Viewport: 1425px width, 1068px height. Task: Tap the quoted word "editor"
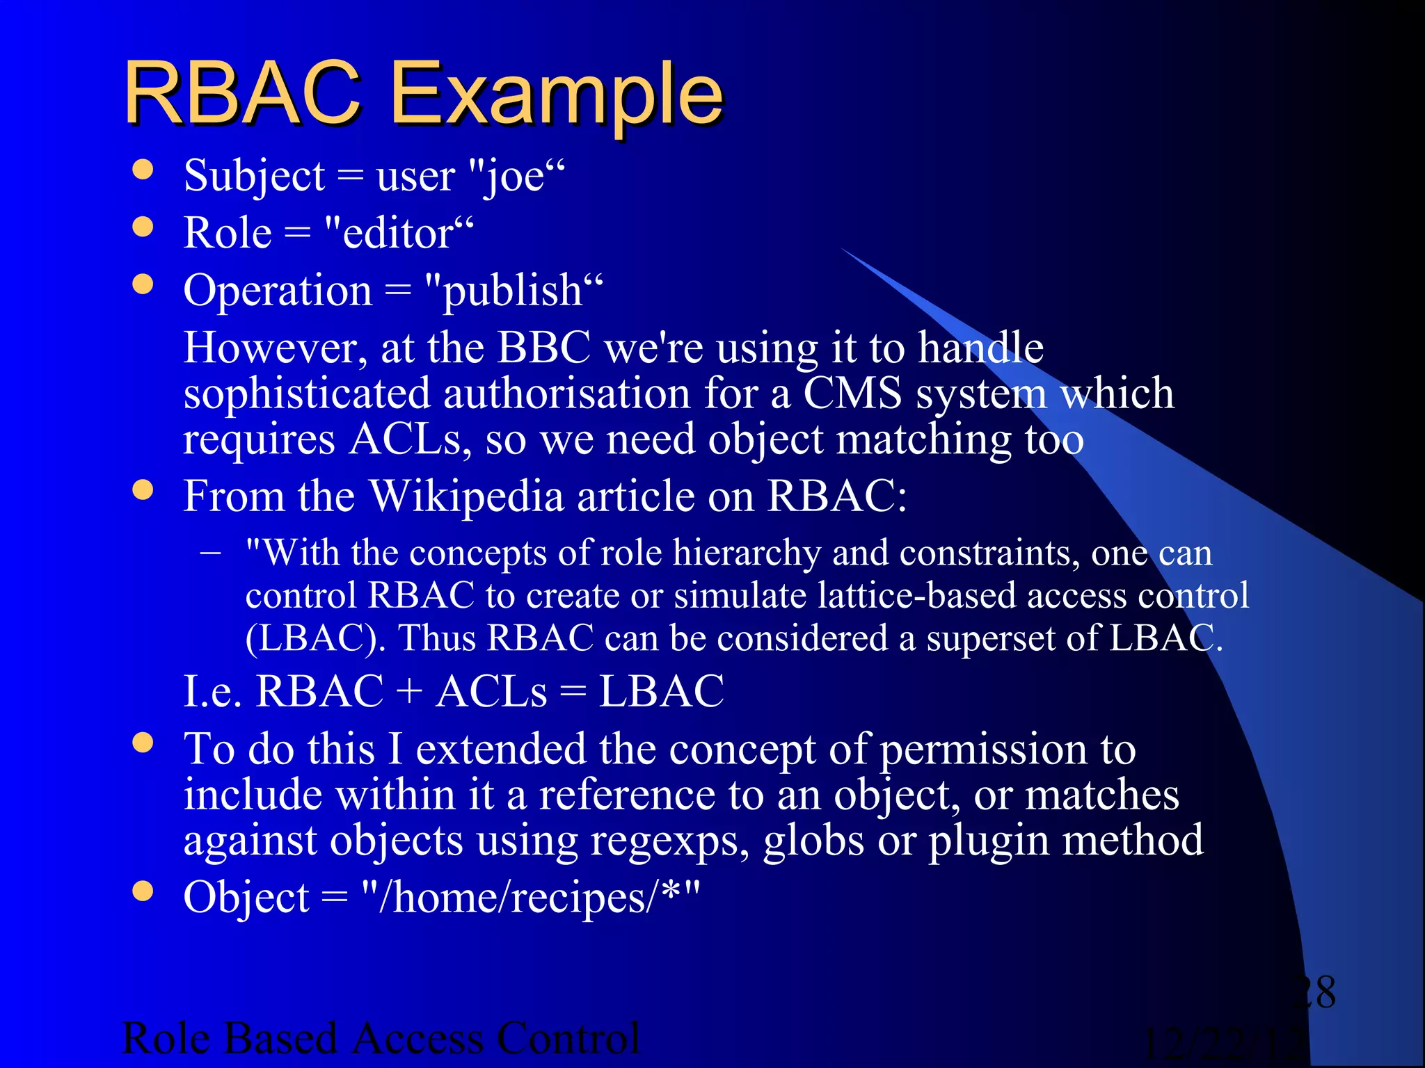(x=399, y=233)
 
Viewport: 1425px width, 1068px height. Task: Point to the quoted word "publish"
(x=514, y=291)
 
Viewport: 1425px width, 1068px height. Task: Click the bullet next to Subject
(x=143, y=170)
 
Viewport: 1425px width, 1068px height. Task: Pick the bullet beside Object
(x=143, y=891)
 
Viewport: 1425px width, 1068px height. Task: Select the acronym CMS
(x=852, y=393)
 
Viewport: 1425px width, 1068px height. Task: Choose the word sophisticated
(x=307, y=393)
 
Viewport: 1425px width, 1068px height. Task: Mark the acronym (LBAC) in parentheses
(x=315, y=638)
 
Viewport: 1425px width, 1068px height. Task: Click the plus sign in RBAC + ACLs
(x=409, y=692)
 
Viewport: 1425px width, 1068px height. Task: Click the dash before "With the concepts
(x=210, y=554)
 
